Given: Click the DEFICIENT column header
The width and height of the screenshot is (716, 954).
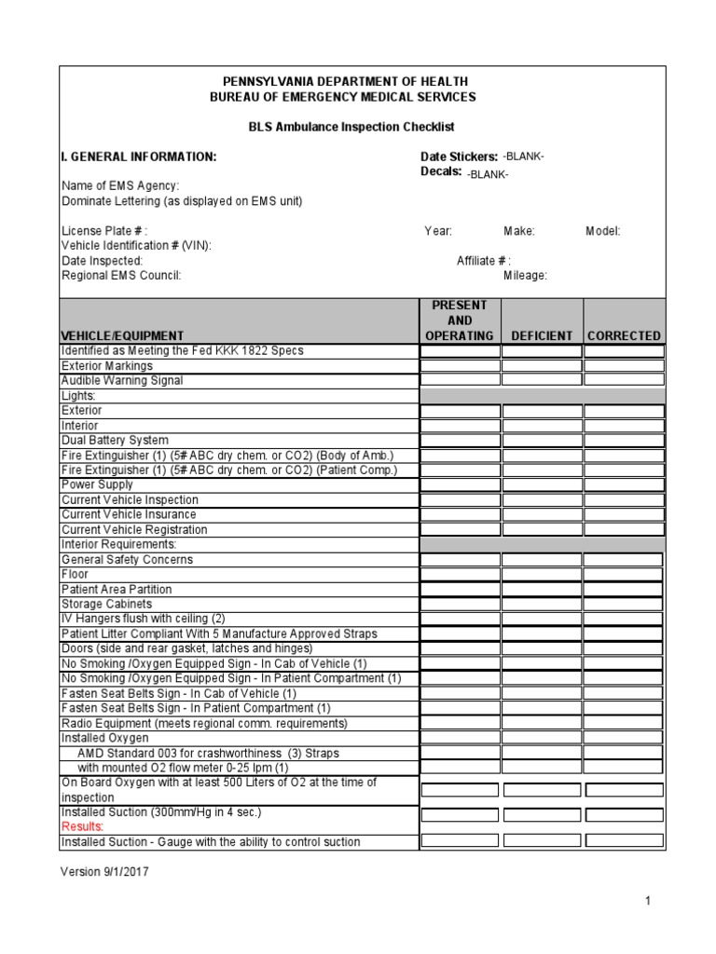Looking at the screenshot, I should [x=542, y=335].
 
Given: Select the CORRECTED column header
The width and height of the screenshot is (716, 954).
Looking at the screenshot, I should [x=625, y=335].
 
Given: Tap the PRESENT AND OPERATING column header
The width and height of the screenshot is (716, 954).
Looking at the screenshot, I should [x=460, y=320].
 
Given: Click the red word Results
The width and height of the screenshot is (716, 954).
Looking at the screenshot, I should [x=83, y=826].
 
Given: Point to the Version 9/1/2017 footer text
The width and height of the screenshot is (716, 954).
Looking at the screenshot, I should [x=104, y=872].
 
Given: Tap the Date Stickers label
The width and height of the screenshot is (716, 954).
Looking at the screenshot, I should [x=459, y=157].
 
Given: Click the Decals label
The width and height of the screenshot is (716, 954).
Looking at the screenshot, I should [x=441, y=171].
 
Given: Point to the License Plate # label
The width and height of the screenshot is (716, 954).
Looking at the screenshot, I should [x=103, y=231].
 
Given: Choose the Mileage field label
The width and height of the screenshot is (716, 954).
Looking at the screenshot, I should [x=525, y=276].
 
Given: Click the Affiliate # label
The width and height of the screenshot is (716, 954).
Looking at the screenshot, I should [x=483, y=261].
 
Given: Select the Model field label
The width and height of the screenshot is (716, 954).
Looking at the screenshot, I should [x=602, y=231].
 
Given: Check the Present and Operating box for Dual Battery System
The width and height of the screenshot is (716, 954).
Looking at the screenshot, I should [x=460, y=441].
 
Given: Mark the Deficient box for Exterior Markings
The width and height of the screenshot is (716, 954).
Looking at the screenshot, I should [x=542, y=366].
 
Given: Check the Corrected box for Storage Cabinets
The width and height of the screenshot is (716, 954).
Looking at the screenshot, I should [x=625, y=605].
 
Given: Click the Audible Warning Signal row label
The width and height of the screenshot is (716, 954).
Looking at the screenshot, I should [x=122, y=381].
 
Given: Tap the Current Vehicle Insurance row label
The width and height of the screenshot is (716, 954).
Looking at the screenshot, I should [x=129, y=514].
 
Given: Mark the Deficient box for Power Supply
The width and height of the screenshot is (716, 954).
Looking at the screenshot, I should [x=542, y=485].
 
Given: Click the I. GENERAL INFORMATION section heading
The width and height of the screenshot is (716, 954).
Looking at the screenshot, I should [x=139, y=157].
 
